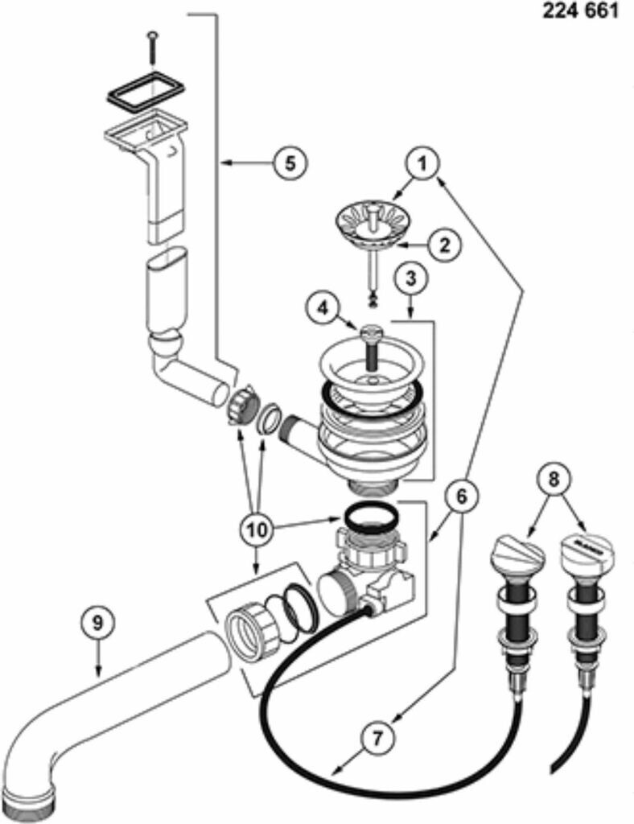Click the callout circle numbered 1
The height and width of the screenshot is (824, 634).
click(423, 164)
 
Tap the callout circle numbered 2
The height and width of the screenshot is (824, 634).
click(444, 245)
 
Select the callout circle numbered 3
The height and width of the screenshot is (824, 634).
click(411, 278)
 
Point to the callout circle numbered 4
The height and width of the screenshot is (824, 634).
click(323, 308)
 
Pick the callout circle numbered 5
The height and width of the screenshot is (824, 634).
click(290, 163)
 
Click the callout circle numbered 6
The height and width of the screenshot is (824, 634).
click(461, 496)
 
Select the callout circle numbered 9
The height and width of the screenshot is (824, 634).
click(97, 624)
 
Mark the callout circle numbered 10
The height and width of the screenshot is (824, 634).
click(258, 530)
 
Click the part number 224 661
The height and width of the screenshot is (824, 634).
click(580, 11)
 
